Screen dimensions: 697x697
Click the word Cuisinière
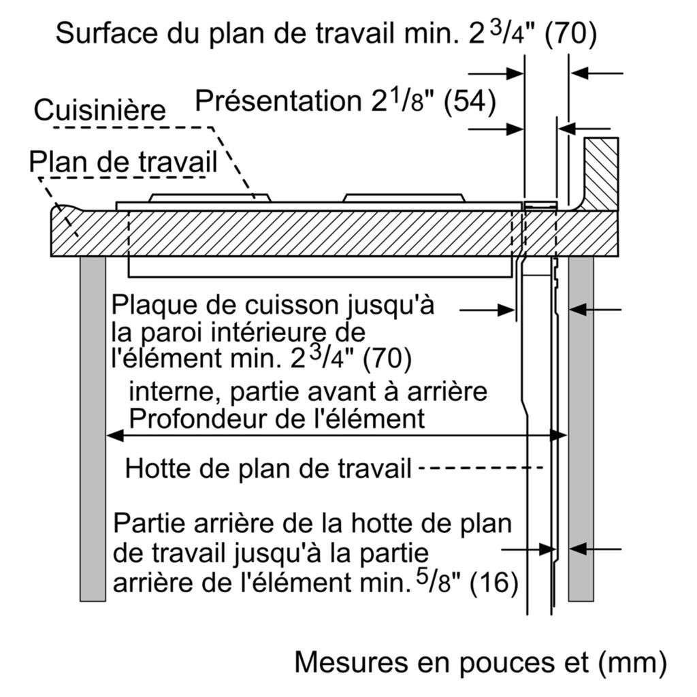click(99, 110)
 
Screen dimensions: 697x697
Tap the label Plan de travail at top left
click(123, 162)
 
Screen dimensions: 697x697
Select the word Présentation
click(278, 101)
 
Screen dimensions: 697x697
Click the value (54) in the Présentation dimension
click(470, 101)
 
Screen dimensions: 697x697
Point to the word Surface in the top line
click(106, 33)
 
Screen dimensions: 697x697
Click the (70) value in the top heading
click(571, 34)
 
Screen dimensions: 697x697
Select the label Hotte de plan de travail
click(268, 468)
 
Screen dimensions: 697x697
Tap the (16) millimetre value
click(494, 581)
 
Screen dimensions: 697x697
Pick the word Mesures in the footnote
click(351, 662)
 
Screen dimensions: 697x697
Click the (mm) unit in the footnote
click(632, 663)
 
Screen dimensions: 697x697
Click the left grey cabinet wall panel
click(93, 429)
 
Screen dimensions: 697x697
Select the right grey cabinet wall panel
click(581, 429)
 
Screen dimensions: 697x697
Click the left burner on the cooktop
click(210, 198)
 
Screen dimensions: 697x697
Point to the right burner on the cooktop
click(404, 198)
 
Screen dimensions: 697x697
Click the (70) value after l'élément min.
click(388, 359)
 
